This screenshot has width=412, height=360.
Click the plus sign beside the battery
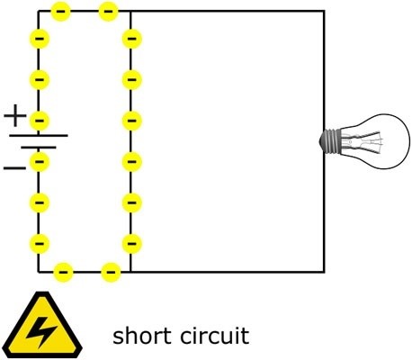click(x=15, y=115)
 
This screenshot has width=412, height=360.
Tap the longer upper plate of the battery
click(x=39, y=136)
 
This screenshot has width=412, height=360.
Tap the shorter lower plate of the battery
click(x=39, y=147)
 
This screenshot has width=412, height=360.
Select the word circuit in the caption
click(x=213, y=337)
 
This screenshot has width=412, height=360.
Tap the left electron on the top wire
click(x=61, y=12)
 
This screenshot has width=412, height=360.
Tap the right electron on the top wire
click(x=108, y=12)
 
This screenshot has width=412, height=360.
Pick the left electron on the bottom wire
click(x=64, y=271)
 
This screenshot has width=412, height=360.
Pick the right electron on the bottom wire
click(x=111, y=271)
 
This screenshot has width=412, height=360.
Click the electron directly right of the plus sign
click(x=39, y=120)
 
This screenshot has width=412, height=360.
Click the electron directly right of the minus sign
click(x=39, y=162)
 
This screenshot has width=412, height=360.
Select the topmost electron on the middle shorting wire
click(x=131, y=40)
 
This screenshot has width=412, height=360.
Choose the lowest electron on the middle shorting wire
click(x=131, y=243)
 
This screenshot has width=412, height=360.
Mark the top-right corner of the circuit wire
click(x=323, y=12)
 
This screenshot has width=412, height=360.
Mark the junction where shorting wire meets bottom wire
click(x=130, y=271)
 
